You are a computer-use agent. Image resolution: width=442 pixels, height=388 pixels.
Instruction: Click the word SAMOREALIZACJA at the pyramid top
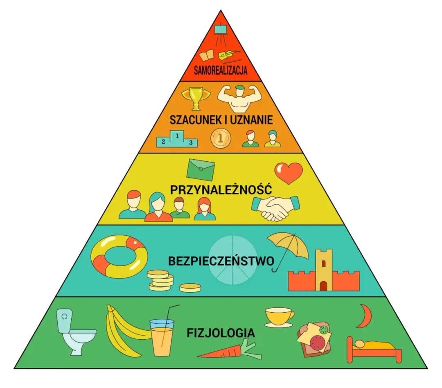tap(221, 70)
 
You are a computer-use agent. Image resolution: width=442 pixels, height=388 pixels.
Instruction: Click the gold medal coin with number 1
tap(221, 138)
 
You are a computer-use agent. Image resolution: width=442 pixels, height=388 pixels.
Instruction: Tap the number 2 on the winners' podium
tap(164, 142)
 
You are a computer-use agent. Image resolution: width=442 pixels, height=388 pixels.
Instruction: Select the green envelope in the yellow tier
tap(201, 169)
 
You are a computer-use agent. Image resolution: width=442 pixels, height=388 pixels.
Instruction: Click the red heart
tap(289, 173)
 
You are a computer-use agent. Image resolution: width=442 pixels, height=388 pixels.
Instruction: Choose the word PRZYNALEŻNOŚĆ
tap(221, 189)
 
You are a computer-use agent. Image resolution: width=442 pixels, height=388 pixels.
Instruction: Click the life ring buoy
tap(119, 256)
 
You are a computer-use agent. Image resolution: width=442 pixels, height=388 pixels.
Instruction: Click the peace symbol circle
tap(233, 260)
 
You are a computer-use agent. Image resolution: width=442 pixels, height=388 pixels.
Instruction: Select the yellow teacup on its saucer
tap(279, 316)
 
